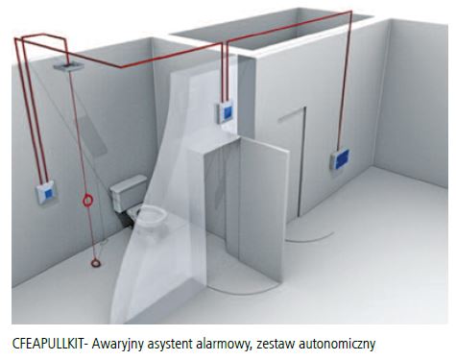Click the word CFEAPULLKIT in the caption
[51, 343]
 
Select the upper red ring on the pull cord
[89, 202]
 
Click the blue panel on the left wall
[46, 191]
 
